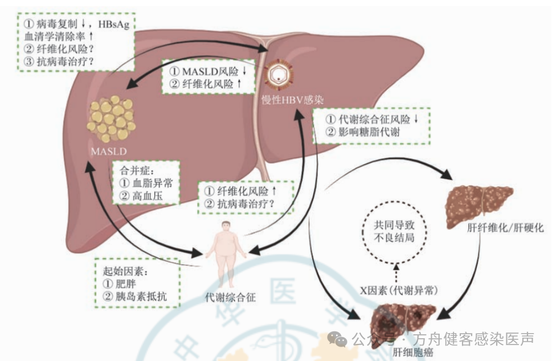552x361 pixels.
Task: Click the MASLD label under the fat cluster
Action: (x=109, y=151)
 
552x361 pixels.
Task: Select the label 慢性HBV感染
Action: (x=292, y=100)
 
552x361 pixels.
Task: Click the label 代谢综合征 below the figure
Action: (x=230, y=298)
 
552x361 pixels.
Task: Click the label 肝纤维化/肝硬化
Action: (x=505, y=228)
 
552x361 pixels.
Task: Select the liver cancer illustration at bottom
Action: (x=403, y=326)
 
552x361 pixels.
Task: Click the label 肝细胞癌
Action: (x=412, y=352)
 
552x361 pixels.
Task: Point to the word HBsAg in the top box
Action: (x=114, y=24)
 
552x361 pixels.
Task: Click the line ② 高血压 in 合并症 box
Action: (x=141, y=196)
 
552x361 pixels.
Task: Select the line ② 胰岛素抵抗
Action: (x=135, y=296)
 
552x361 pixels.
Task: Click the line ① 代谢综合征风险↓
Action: (x=372, y=119)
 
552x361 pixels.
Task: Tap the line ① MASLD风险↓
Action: (x=208, y=71)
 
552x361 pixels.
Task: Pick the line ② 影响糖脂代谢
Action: (x=362, y=132)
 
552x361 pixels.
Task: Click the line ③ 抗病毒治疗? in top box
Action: (x=59, y=61)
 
